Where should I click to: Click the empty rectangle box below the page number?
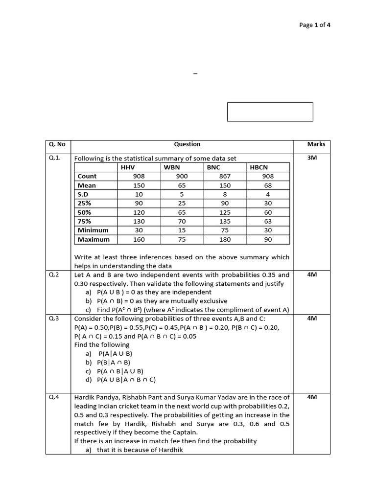270,112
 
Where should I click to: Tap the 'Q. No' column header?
57,144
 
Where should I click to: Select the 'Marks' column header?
316,144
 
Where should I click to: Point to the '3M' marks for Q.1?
312,158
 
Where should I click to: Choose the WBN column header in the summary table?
172,167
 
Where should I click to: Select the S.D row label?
84,194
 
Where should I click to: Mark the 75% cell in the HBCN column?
268,221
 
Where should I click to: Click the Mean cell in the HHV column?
139,185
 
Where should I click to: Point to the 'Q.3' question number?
54,318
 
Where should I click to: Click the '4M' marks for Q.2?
312,275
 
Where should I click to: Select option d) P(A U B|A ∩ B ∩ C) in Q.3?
126,379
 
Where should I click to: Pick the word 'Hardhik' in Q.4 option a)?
171,450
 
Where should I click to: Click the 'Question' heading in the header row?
187,144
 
